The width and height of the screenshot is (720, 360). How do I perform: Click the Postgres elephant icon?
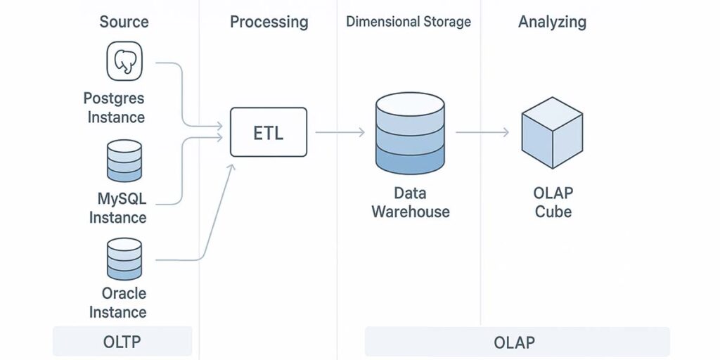pos(124,61)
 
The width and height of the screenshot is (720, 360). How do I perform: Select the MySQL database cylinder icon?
pos(124,161)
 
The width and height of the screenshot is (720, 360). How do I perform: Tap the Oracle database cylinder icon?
pos(124,259)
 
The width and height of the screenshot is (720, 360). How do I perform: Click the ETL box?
pos(269,132)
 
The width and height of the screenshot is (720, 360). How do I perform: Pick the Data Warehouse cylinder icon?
pos(410,133)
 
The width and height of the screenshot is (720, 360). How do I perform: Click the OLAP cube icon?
pos(552,132)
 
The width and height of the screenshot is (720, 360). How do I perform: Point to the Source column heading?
pos(124,22)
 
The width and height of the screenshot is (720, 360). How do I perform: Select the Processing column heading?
pos(269,22)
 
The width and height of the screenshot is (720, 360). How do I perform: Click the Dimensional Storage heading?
pos(409,22)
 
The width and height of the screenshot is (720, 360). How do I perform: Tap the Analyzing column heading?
pos(552,22)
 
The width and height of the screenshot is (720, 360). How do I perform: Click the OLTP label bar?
pos(122,342)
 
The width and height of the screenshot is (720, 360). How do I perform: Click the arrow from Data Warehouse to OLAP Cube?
pos(482,132)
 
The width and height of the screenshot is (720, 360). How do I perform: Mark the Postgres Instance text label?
pos(115,107)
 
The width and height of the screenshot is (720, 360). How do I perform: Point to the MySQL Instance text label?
pos(118,208)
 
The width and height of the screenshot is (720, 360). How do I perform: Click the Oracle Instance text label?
pos(118,302)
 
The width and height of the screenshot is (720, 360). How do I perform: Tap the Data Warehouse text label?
pos(410,202)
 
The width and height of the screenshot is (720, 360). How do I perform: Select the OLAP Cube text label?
pos(553,202)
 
